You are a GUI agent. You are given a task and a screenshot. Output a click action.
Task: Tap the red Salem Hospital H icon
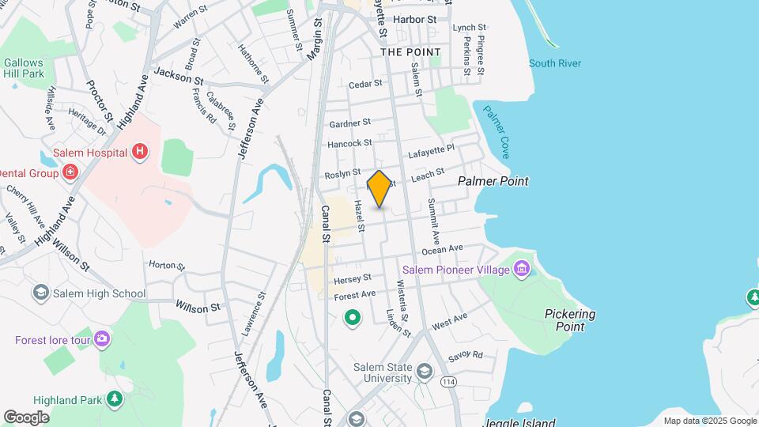140,151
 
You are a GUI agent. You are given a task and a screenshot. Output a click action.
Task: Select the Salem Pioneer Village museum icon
521,270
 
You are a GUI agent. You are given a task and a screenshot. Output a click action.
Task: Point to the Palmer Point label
493,181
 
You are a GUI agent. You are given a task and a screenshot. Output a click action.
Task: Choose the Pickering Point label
569,320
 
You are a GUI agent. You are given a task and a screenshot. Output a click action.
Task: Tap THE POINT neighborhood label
410,52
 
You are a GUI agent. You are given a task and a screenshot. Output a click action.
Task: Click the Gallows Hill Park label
23,68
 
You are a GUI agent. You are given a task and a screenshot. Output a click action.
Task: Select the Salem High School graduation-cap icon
40,293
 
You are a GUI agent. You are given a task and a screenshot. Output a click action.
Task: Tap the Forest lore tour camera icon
102,340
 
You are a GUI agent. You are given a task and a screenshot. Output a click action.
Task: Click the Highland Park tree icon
115,398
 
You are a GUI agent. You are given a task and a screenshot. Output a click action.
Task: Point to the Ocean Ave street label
442,249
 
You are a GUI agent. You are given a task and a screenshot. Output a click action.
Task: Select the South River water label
555,63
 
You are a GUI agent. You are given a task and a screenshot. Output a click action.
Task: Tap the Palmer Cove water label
498,130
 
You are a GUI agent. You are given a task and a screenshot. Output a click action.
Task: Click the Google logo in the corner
26,417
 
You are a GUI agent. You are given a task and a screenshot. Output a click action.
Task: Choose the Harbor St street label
414,19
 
